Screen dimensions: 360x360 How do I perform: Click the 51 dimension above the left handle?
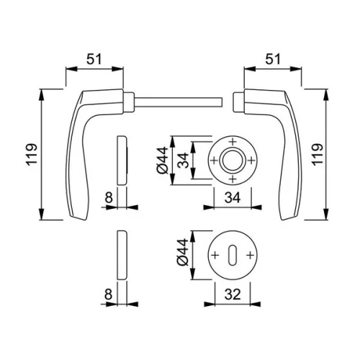coord(94,59)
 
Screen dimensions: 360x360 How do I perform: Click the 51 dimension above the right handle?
coord(273,59)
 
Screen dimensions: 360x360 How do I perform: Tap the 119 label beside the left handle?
coord(32,154)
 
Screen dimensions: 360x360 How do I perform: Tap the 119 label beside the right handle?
coord(318,154)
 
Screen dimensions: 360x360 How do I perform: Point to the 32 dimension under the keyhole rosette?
coord(233,294)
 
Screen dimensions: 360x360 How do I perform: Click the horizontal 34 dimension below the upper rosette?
coord(233,198)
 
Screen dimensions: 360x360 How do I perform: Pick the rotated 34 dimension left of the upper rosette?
coord(184,160)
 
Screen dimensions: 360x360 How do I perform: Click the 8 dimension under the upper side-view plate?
coord(109,198)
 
